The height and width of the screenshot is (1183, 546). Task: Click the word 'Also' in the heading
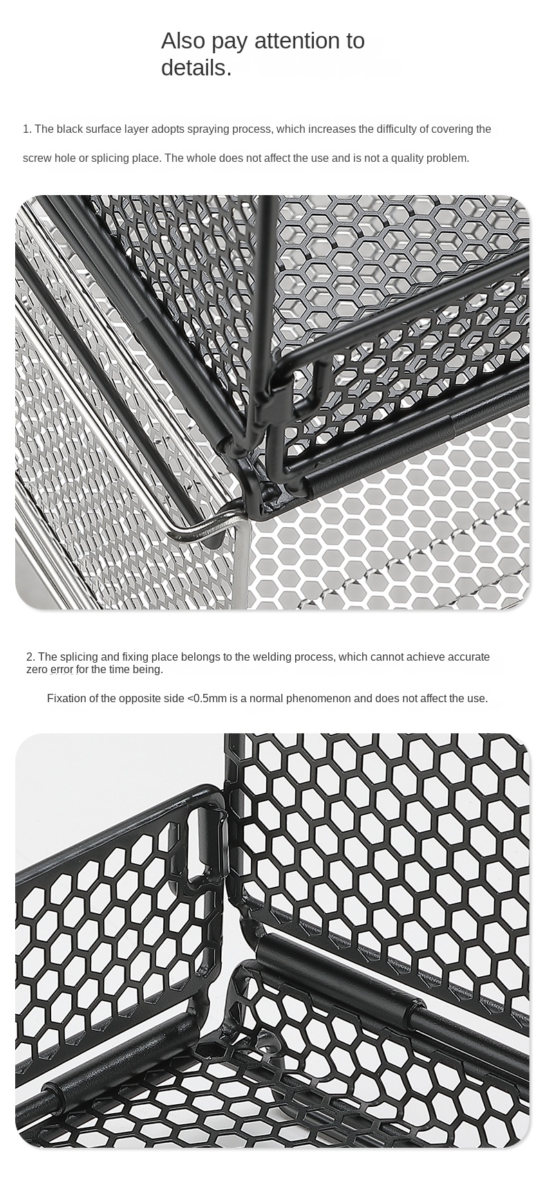point(183,41)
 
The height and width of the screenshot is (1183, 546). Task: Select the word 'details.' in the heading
point(196,68)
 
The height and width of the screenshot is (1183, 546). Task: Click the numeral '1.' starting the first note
point(27,129)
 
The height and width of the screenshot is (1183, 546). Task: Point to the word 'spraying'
point(211,130)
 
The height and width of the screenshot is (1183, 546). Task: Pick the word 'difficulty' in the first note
point(396,129)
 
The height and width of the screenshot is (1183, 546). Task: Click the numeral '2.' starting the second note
point(30,657)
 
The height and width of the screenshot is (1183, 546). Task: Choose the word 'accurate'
point(469,657)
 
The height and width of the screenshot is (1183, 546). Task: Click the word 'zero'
point(37,670)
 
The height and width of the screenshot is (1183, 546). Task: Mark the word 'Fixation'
point(66,699)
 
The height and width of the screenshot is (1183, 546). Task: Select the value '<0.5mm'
point(207,699)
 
